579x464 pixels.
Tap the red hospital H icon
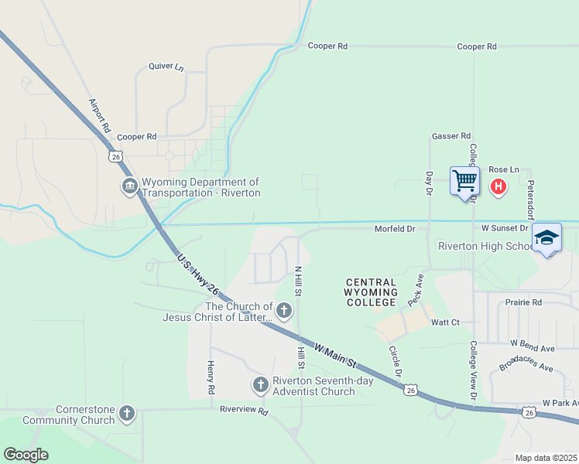pos(498,186)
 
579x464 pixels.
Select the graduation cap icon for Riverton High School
pos(546,237)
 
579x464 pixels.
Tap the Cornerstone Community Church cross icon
pos(127,415)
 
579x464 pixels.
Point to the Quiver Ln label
pos(169,67)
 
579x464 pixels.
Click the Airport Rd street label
pos(101,114)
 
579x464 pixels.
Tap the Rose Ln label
pos(503,169)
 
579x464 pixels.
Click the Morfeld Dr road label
pos(396,229)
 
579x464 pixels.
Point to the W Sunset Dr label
pos(504,229)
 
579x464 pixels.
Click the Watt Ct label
pos(445,322)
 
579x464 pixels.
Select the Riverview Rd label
pos(243,410)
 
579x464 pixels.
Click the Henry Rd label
pos(210,378)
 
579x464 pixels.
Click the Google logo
pos(26,455)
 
